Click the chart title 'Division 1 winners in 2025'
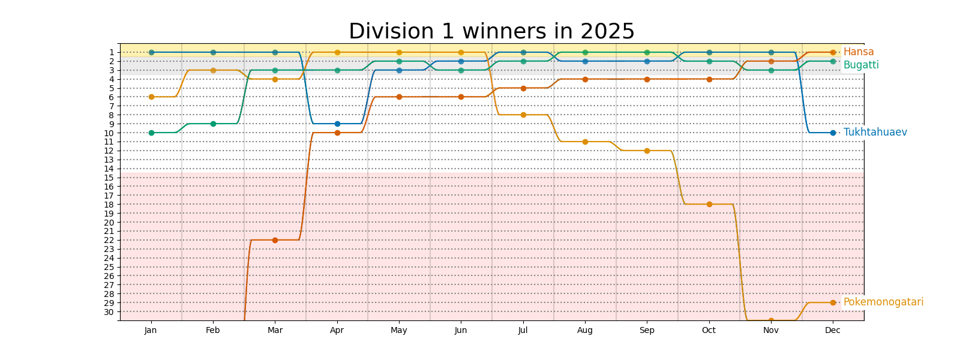[491, 31]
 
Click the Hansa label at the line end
[858, 52]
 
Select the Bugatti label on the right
[860, 65]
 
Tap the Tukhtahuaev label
[875, 132]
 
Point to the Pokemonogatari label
[883, 302]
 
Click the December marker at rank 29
[833, 302]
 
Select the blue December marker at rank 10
[833, 133]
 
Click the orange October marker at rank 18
[709, 205]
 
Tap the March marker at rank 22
[275, 240]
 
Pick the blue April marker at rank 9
[337, 124]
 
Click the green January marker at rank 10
[151, 133]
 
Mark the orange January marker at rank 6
[151, 97]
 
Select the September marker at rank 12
[647, 151]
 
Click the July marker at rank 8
[523, 115]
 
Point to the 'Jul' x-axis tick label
[523, 330]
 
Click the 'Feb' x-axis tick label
[213, 330]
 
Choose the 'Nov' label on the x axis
[771, 330]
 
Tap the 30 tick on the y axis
[109, 312]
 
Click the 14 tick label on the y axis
[109, 169]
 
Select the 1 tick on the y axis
[111, 52]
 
